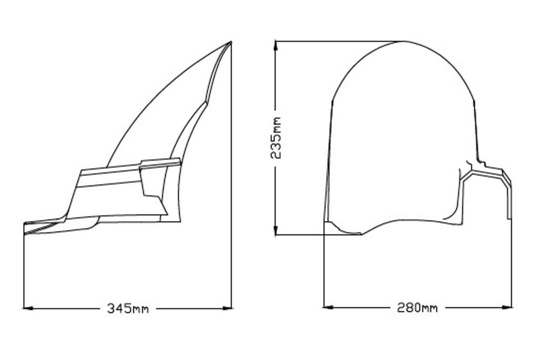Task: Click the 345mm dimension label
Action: click(128, 308)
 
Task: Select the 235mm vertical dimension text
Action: click(276, 138)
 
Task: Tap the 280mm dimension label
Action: click(417, 307)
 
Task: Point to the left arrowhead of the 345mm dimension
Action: click(28, 308)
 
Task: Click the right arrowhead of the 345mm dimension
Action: click(227, 308)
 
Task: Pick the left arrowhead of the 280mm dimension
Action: click(328, 307)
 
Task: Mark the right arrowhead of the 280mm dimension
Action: click(507, 307)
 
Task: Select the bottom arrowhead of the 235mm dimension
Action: click(275, 230)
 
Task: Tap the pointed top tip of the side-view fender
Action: click(231, 42)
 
